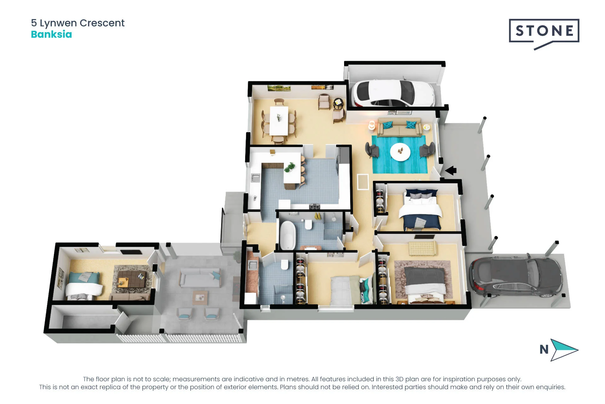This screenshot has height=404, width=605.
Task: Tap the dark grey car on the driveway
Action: (x=516, y=277)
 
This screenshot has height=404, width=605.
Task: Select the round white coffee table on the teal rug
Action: (x=400, y=152)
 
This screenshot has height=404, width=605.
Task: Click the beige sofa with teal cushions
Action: (x=400, y=127)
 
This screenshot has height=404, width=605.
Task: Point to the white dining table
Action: (x=279, y=121)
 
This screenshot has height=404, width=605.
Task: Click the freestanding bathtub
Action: (x=287, y=235)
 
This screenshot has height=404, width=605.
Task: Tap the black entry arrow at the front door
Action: (x=451, y=170)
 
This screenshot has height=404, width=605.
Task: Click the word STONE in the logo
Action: (x=544, y=31)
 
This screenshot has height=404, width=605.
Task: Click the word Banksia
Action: (x=51, y=34)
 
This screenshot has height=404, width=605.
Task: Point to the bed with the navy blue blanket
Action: (x=421, y=209)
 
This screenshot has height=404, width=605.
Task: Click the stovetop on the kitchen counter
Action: (x=314, y=207)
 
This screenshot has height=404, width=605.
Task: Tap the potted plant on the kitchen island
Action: (x=290, y=167)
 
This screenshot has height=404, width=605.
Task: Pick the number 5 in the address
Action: (x=34, y=23)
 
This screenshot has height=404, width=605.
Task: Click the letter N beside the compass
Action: (x=544, y=349)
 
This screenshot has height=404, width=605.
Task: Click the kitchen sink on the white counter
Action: (x=255, y=178)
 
